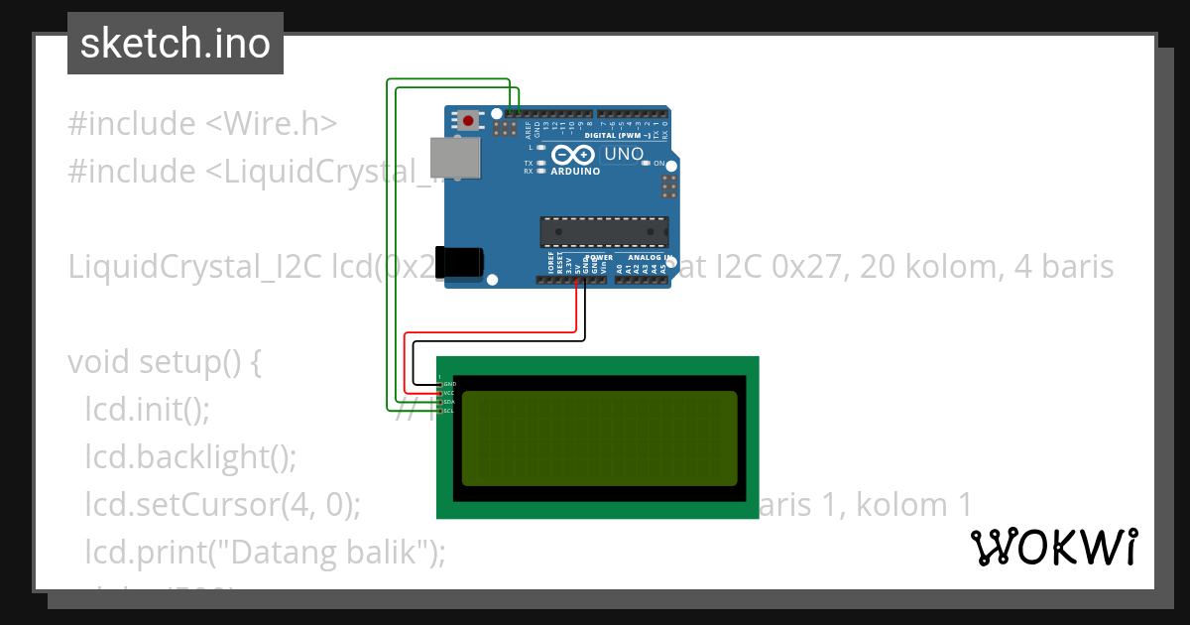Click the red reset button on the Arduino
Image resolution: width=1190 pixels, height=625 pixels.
point(467,121)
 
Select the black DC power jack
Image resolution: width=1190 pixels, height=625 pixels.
point(461,262)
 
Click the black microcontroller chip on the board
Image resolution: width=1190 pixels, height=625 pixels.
point(604,231)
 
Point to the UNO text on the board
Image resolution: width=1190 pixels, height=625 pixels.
point(624,154)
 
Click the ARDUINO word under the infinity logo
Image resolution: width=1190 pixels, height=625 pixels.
point(575,171)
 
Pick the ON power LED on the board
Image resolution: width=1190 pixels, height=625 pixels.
point(646,163)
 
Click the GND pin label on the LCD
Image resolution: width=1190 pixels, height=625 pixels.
point(449,384)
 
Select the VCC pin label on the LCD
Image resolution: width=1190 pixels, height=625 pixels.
point(449,393)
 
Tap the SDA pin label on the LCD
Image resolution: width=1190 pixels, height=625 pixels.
point(449,402)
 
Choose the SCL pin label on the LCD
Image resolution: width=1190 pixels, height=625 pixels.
point(449,411)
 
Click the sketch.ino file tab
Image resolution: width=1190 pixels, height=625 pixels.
point(176,44)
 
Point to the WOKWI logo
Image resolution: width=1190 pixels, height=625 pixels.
point(1054,547)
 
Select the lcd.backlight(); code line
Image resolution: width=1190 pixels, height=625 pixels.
point(190,457)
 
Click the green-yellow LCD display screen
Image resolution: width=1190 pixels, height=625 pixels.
point(599,437)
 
